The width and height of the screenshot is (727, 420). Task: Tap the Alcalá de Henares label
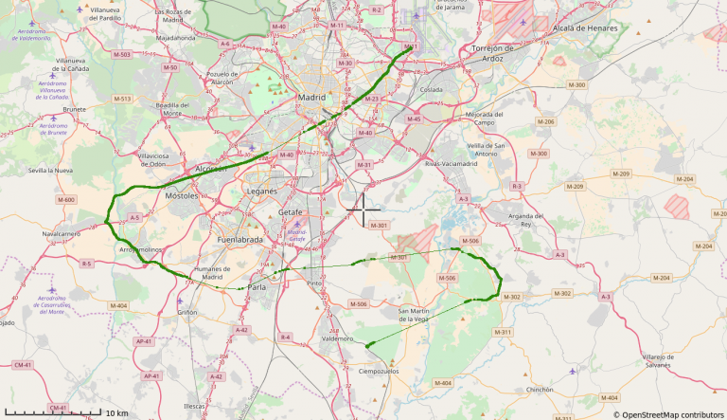(x=585, y=28)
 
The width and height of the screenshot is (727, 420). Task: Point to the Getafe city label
(x=291, y=212)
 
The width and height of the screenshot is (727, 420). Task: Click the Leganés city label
(x=261, y=191)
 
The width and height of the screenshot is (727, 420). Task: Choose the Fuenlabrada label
(x=239, y=240)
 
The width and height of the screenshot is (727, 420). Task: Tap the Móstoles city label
(x=181, y=195)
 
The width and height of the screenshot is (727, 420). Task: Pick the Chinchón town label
(x=540, y=389)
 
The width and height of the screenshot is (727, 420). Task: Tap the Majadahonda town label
(x=175, y=38)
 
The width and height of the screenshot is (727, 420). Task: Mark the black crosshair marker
(x=363, y=208)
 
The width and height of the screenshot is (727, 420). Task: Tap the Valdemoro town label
(x=337, y=338)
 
